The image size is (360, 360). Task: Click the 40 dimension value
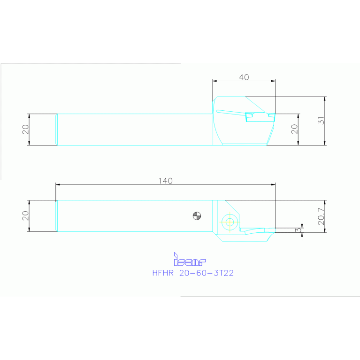click(244, 77)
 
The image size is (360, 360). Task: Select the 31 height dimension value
click(321, 121)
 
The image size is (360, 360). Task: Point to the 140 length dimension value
click(165, 181)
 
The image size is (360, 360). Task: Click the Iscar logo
click(189, 260)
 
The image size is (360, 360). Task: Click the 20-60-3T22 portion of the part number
click(207, 273)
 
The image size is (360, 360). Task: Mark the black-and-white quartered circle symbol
click(197, 216)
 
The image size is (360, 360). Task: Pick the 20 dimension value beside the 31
click(294, 129)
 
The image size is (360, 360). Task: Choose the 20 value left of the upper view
click(26, 129)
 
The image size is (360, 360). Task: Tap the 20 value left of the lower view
click(26, 216)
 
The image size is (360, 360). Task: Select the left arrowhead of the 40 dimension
click(214, 81)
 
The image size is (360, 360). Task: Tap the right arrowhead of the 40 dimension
click(273, 81)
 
